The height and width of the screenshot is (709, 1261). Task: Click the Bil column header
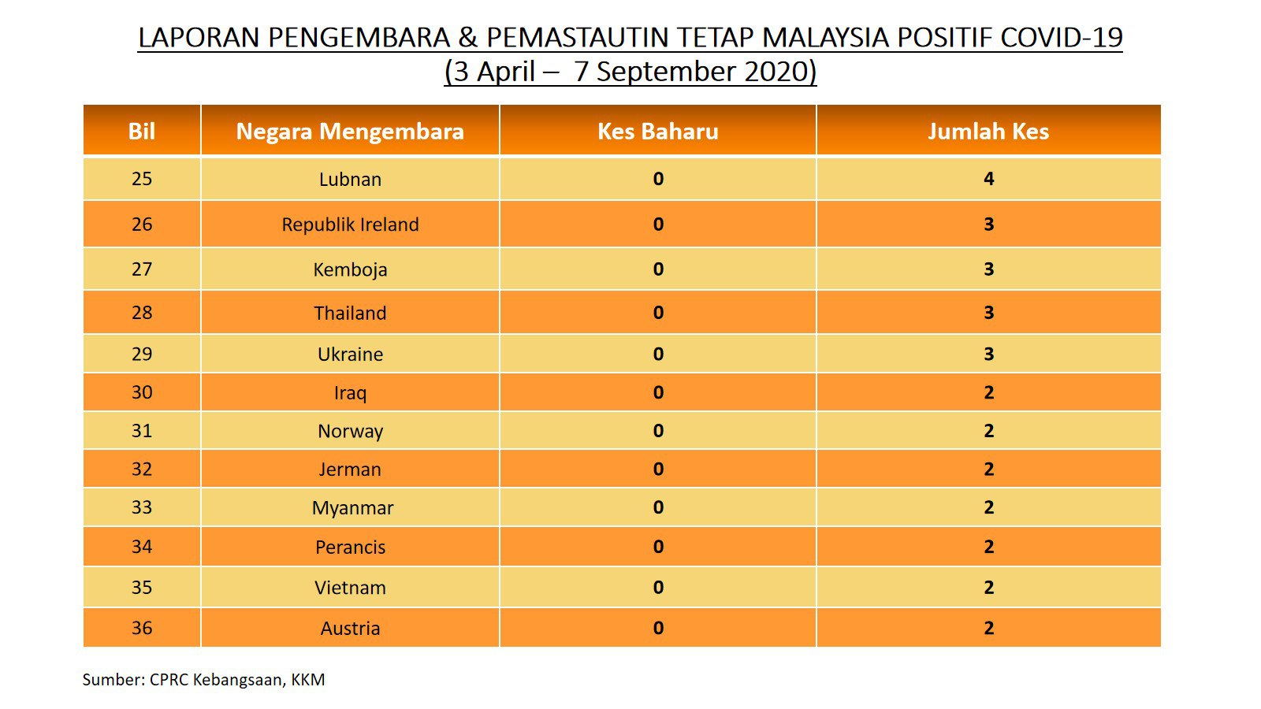point(141,131)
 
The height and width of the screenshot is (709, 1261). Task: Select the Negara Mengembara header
point(350,132)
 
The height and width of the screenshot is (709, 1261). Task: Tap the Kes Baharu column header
point(657,131)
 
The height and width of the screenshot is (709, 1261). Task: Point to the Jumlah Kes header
point(988,131)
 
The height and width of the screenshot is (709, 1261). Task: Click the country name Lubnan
point(350,179)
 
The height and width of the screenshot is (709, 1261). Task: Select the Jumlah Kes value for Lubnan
point(988,179)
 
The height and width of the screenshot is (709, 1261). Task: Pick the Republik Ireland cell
point(350,225)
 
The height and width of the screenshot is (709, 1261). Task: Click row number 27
point(142,269)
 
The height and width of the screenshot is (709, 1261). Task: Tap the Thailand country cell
point(350,313)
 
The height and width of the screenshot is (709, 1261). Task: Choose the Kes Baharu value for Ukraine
point(658,354)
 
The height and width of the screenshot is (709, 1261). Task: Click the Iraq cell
point(350,392)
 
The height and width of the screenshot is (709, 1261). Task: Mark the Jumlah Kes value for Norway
point(988,430)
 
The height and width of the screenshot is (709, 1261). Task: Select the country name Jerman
point(350,470)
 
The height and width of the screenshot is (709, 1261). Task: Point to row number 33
point(142,507)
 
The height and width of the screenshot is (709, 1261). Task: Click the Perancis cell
point(350,547)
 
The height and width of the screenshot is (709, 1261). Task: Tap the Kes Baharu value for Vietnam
point(658,587)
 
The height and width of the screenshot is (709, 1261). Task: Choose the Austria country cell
point(350,628)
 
